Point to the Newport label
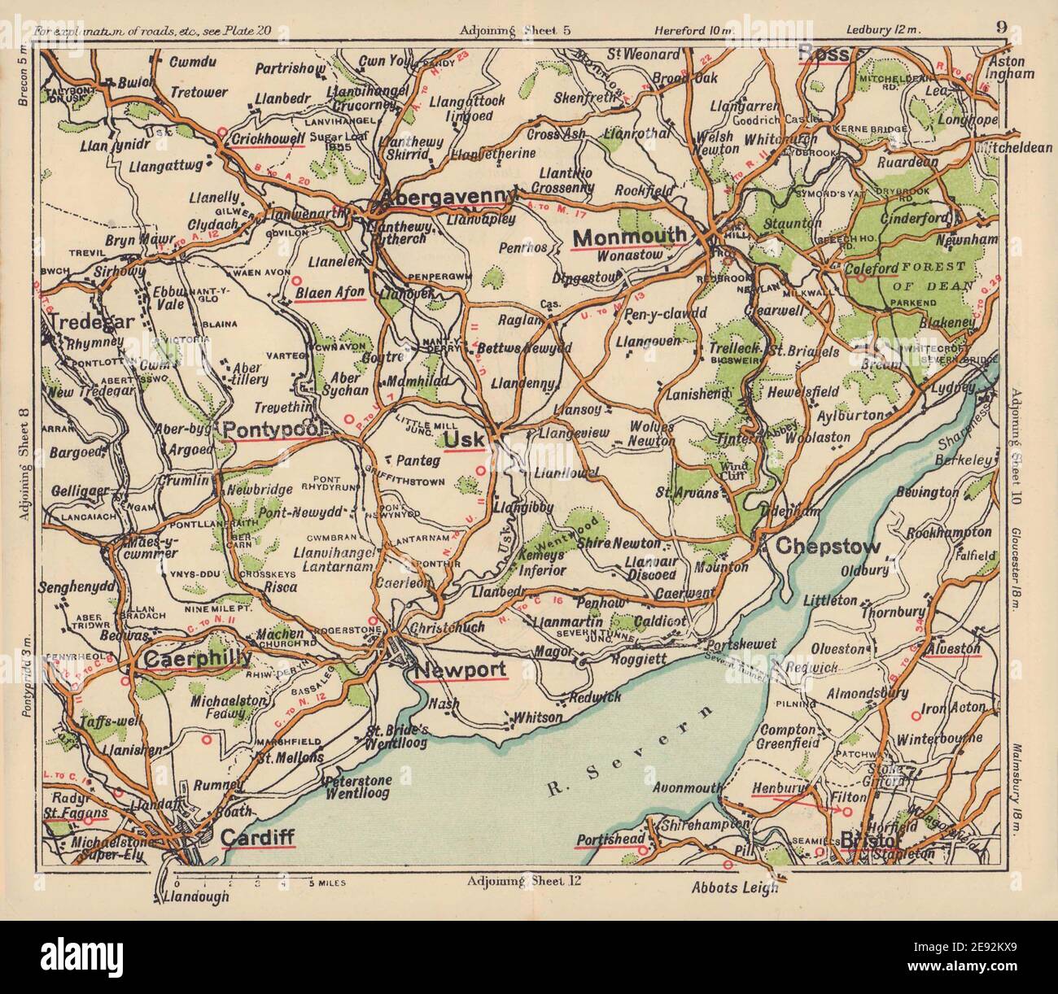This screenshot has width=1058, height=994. point(461,670)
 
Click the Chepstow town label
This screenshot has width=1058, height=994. point(828,547)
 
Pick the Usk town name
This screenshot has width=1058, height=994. point(465,440)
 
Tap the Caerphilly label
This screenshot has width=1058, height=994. point(196,659)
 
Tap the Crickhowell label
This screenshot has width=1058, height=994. point(268,139)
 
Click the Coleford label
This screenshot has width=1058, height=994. point(871,268)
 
